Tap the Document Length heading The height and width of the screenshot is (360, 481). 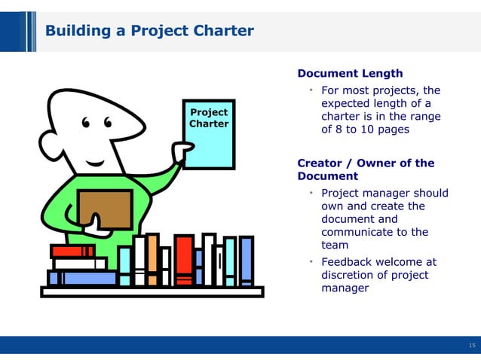pyautogui.click(x=350, y=74)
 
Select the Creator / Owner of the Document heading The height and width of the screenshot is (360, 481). pyautogui.click(x=366, y=169)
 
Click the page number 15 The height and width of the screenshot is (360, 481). pyautogui.click(x=472, y=346)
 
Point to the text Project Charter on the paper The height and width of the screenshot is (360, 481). pyautogui.click(x=209, y=118)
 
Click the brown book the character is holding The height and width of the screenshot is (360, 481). pyautogui.click(x=106, y=208)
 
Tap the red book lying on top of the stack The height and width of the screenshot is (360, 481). pyautogui.click(x=73, y=251)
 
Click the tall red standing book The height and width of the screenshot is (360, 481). pyautogui.click(x=184, y=260)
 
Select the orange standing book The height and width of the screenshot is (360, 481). pyautogui.click(x=152, y=260)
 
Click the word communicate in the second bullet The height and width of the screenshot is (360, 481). pyautogui.click(x=354, y=232)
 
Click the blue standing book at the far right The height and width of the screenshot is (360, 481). pyautogui.click(x=246, y=261)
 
